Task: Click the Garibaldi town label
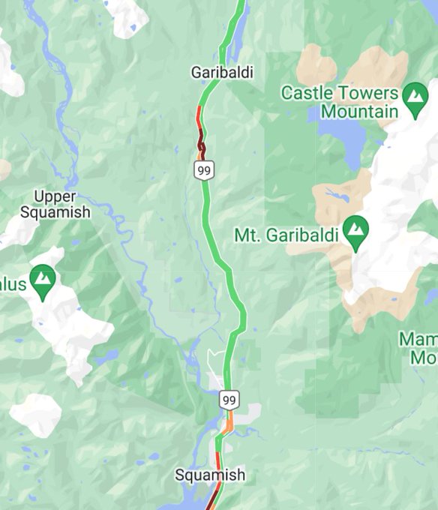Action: [221, 73]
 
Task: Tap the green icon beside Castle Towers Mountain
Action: [413, 101]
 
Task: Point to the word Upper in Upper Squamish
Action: [55, 196]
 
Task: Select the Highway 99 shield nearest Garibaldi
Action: [202, 170]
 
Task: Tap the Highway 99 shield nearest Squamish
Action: [229, 399]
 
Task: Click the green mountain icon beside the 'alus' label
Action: [43, 283]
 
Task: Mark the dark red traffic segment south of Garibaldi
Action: [200, 139]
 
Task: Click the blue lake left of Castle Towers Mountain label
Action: [342, 135]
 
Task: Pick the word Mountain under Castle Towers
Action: [359, 112]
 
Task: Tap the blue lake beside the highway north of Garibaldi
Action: [233, 49]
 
